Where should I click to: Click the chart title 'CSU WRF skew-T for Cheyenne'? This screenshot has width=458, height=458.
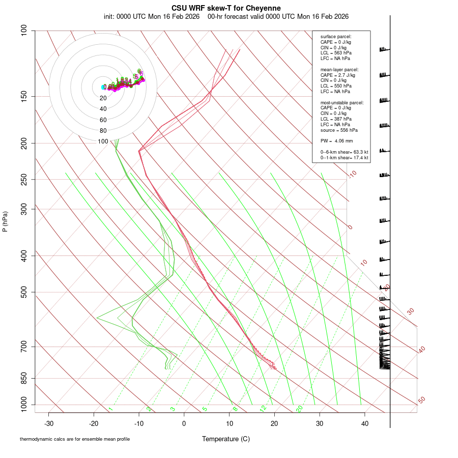coord(226,8)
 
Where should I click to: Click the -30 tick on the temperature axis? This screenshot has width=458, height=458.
coord(49,423)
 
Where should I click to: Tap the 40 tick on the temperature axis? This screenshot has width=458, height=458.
coord(365,423)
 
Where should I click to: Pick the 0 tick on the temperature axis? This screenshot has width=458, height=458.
coord(184,423)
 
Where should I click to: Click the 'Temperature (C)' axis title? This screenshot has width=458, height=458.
coord(226,439)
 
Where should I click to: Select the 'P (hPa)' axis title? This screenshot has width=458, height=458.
coord(5,222)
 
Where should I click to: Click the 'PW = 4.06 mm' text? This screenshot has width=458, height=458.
coord(336,140)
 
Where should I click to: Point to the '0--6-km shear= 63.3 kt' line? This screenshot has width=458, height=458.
coord(344,152)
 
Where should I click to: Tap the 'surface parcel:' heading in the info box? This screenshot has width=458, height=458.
coord(336,37)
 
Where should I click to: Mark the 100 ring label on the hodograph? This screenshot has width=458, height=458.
coord(103,141)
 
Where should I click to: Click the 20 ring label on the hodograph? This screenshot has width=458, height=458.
coord(103,98)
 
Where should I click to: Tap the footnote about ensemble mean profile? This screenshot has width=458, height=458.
coord(75,439)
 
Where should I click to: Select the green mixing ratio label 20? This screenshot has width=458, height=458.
coord(299,409)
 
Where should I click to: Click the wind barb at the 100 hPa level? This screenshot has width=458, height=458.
coord(384,49)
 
